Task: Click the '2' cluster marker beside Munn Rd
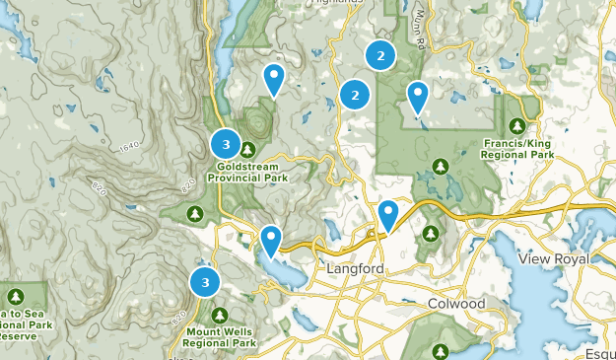coord(380,54)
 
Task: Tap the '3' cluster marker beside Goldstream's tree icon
coord(226,145)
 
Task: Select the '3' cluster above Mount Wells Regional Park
coord(205,282)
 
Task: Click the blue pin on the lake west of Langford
coord(269,239)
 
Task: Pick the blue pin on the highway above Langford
coord(388,214)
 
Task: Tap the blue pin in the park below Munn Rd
coord(418,96)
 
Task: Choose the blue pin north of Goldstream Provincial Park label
coord(274,78)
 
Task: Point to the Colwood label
coord(457,304)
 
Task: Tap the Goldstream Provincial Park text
coord(247,173)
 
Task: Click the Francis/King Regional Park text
coord(518,149)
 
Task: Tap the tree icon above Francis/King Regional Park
coord(518,125)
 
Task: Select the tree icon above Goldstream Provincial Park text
coord(247,149)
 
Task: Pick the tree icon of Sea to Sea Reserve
coord(16,296)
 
